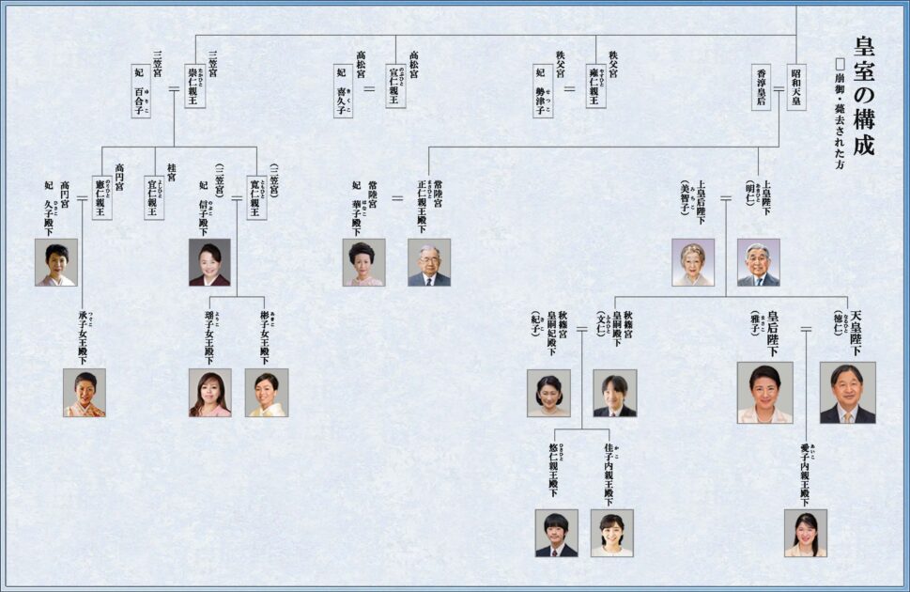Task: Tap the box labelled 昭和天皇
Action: tap(796, 86)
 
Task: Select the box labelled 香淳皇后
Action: tap(762, 86)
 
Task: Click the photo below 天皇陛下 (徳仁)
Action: tap(847, 392)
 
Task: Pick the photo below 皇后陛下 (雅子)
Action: tap(764, 392)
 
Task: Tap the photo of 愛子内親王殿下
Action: tap(805, 533)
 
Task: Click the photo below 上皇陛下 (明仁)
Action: tap(758, 262)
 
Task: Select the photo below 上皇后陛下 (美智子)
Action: tap(693, 262)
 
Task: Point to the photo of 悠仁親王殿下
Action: tap(556, 533)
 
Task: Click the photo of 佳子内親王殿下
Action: tap(611, 533)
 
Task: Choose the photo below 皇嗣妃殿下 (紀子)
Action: tap(548, 393)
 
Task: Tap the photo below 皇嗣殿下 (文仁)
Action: tap(614, 393)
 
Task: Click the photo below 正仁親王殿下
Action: tap(429, 262)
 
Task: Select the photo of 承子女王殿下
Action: tap(85, 393)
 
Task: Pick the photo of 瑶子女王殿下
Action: tap(209, 393)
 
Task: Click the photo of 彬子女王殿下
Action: tap(266, 393)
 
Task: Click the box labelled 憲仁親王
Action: tap(102, 197)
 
